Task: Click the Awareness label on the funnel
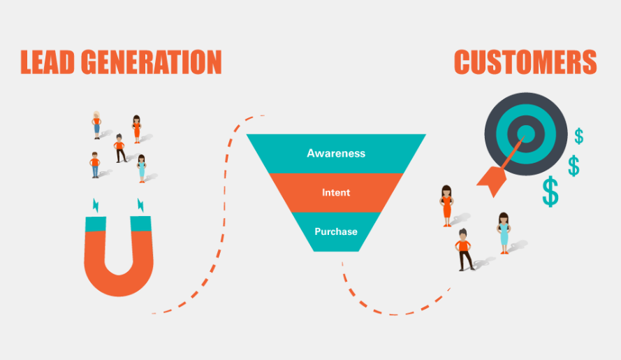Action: tap(336, 153)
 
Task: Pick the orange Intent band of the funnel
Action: tap(336, 192)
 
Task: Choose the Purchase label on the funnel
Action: tap(336, 231)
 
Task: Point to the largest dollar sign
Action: tap(550, 192)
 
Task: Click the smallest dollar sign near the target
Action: tap(579, 136)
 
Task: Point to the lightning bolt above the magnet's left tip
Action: tap(96, 205)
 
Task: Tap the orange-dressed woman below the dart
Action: tap(446, 206)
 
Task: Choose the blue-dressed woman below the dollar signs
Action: tap(504, 233)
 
